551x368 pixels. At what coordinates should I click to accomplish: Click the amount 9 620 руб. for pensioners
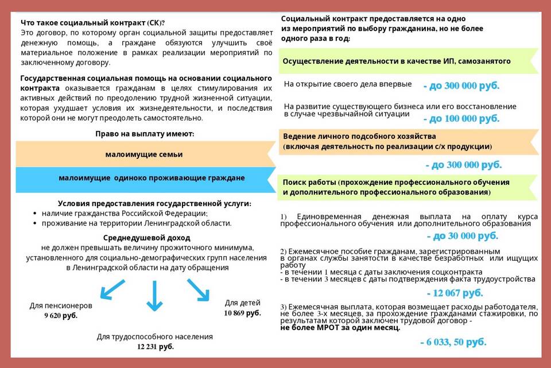(x=61, y=316)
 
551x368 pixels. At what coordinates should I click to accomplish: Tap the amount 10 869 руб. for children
(x=242, y=313)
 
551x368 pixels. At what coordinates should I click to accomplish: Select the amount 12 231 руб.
(x=155, y=347)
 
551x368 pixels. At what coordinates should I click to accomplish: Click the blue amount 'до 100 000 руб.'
(x=461, y=119)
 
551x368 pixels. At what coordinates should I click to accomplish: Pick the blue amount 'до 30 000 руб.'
(x=463, y=236)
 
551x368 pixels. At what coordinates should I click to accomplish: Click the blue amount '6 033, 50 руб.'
(x=453, y=342)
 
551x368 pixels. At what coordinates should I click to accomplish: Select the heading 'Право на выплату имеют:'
(x=145, y=133)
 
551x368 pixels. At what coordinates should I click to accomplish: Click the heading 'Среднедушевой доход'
(x=147, y=237)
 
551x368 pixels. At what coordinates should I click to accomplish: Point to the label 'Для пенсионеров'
(x=61, y=305)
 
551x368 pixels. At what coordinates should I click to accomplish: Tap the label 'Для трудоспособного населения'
(x=155, y=336)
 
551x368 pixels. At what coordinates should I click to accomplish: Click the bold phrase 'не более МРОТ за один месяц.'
(x=340, y=328)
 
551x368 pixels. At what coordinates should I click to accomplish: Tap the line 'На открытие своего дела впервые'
(x=348, y=84)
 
